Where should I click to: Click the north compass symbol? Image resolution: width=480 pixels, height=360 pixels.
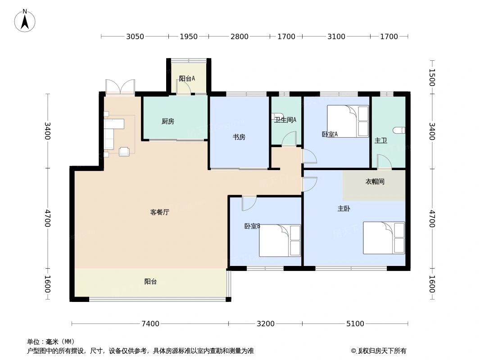coord(25,21)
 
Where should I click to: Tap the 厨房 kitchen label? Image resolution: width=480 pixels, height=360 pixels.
coord(168,121)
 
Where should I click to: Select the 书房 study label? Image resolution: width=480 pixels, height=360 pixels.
coord(239,137)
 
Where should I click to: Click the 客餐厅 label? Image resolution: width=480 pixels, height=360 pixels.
coord(159,212)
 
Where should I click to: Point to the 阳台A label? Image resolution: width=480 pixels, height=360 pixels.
coord(187,79)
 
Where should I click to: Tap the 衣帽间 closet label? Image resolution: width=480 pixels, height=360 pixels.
coord(375,182)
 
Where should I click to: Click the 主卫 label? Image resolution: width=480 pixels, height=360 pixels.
coord(381,141)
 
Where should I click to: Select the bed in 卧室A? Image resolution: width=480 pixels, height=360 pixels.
coord(348,121)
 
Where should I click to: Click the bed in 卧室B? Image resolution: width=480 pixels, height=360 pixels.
coord(280,240)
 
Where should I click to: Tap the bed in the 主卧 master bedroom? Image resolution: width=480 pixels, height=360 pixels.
coord(384,238)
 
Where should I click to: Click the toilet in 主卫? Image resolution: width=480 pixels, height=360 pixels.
coord(399,130)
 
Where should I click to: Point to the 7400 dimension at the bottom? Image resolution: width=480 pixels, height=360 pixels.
coord(150,324)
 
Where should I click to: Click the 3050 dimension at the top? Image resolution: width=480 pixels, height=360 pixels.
coord(135,37)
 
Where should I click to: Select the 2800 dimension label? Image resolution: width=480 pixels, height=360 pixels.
coord(239,37)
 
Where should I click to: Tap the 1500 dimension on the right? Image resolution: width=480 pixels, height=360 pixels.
coord(432,77)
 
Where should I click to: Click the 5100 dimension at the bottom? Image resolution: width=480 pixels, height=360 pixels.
coord(355,324)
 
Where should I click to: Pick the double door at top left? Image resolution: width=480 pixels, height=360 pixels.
coord(120,87)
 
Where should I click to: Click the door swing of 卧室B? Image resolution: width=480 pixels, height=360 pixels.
coord(249,203)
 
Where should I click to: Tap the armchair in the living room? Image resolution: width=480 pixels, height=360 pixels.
coord(124,152)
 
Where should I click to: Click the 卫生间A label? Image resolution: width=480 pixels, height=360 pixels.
coord(285,120)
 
